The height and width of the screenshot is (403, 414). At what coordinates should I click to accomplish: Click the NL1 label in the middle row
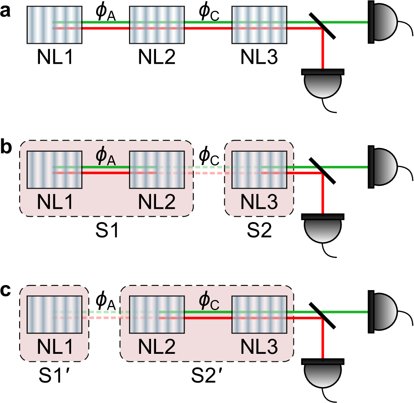tap(55, 202)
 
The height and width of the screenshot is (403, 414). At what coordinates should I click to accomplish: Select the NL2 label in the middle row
tap(157, 202)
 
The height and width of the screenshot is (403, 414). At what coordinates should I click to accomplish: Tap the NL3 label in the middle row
tap(259, 202)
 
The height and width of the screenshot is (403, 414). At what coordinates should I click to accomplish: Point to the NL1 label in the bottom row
tap(55, 347)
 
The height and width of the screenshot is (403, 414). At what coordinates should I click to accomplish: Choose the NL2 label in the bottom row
tap(157, 347)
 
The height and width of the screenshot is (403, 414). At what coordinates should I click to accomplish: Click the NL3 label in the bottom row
tap(259, 347)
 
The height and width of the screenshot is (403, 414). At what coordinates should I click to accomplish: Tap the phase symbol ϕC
tap(208, 301)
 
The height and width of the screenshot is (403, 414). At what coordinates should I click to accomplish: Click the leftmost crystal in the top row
tap(55, 25)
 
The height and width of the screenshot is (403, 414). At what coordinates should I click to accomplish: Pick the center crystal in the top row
tap(157, 25)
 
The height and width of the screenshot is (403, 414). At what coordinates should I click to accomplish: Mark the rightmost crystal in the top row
tap(259, 25)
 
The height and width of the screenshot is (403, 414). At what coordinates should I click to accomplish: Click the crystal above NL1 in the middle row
tap(55, 170)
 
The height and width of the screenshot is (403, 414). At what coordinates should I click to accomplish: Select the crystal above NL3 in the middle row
tap(259, 170)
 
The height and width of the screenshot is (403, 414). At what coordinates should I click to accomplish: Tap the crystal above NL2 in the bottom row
tap(157, 315)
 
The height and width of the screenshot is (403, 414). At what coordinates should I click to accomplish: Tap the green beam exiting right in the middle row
tap(345, 167)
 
